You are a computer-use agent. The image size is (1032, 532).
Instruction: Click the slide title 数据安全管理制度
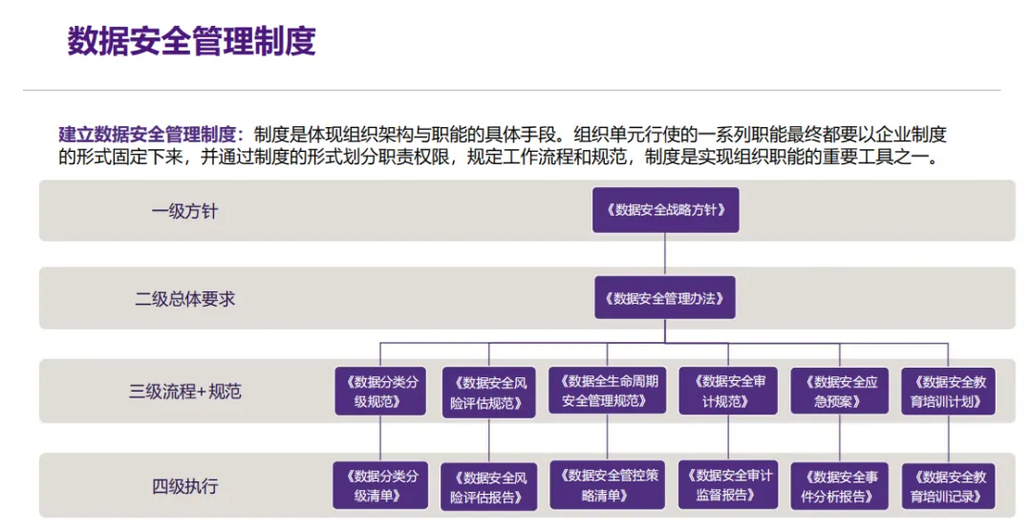[191, 41]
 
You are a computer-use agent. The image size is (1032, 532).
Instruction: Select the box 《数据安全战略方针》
[665, 210]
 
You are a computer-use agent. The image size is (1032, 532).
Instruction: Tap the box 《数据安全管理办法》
[665, 298]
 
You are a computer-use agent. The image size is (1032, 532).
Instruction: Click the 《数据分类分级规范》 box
[380, 392]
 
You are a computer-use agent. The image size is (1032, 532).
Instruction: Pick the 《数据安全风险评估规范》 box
[489, 393]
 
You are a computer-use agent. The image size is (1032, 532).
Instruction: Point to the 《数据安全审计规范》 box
[728, 392]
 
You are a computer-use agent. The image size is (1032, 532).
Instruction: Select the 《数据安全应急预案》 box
[840, 392]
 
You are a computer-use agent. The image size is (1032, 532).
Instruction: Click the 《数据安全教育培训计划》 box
[949, 392]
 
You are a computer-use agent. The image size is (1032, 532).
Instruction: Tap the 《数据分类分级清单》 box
[380, 485]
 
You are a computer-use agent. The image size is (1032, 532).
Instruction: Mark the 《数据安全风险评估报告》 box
[489, 487]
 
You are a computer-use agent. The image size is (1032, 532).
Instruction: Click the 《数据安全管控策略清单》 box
[608, 485]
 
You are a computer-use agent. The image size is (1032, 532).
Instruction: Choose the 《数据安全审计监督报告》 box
[728, 485]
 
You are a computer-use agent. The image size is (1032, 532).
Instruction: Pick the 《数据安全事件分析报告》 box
[840, 486]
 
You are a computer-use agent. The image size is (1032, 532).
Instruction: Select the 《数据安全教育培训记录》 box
[949, 486]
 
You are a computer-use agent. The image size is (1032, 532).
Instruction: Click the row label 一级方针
[185, 212]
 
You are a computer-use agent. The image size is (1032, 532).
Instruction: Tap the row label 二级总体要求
[185, 299]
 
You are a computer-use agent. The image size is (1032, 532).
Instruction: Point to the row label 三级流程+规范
[185, 392]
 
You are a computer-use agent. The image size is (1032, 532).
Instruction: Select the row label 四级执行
[185, 486]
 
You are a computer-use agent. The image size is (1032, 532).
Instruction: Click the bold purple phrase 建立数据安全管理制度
[147, 135]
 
